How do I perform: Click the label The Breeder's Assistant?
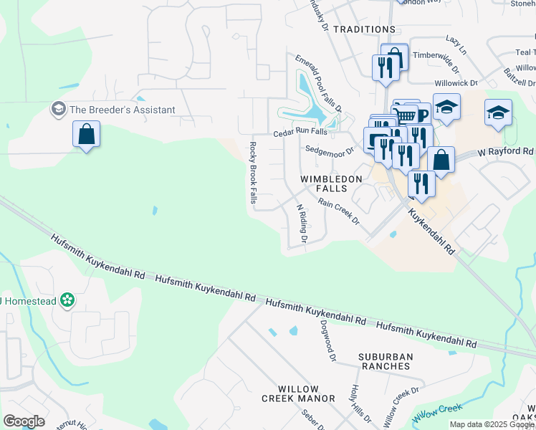122,110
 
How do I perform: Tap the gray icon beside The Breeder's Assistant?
58,110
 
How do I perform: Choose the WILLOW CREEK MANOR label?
298,393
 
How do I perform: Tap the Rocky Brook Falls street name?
253,173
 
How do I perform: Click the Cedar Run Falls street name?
300,133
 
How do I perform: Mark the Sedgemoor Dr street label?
330,150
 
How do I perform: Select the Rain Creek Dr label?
339,213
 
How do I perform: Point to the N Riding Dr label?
302,223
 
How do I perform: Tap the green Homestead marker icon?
67,300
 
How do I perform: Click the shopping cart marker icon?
406,115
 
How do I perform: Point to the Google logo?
24,421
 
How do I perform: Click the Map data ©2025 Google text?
492,424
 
